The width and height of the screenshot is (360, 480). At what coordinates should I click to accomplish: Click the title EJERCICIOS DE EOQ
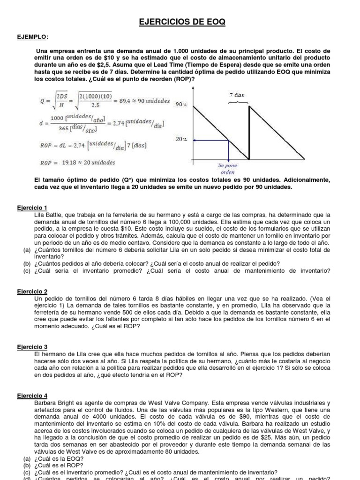point(180,22)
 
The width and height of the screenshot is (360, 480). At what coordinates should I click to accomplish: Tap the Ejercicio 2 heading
point(32,292)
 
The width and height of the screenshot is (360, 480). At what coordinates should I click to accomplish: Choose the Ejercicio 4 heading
point(32,396)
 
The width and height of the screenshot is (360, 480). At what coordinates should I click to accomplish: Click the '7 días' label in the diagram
point(237,95)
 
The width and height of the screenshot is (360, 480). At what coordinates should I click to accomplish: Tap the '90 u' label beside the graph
point(181,105)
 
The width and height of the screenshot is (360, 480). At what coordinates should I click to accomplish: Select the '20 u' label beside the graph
point(181,140)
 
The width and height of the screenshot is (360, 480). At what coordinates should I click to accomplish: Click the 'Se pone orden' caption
point(228,169)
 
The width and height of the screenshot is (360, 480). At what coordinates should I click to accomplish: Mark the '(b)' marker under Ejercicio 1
point(27,264)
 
